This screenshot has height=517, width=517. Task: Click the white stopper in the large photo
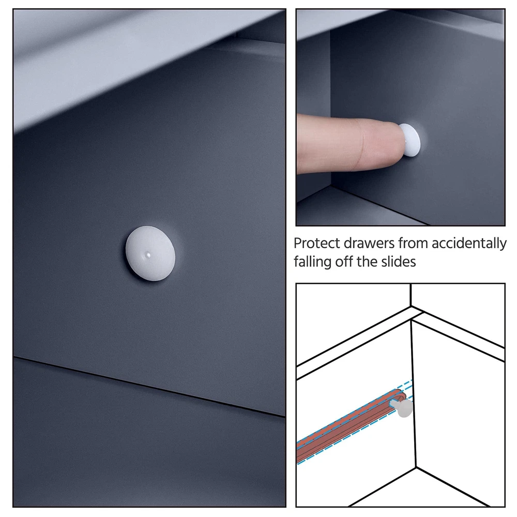pyautogui.click(x=150, y=253)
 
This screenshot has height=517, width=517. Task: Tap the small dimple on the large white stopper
pyautogui.click(x=148, y=254)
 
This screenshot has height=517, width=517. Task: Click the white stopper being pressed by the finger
pyautogui.click(x=410, y=140)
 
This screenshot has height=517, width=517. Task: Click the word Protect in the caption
pyautogui.click(x=316, y=244)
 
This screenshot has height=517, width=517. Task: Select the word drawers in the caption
pyautogui.click(x=369, y=244)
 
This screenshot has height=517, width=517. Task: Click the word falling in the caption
pyautogui.click(x=313, y=262)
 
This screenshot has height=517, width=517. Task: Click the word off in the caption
pyautogui.click(x=344, y=262)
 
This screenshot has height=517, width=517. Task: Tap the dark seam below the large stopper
pyautogui.click(x=149, y=386)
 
